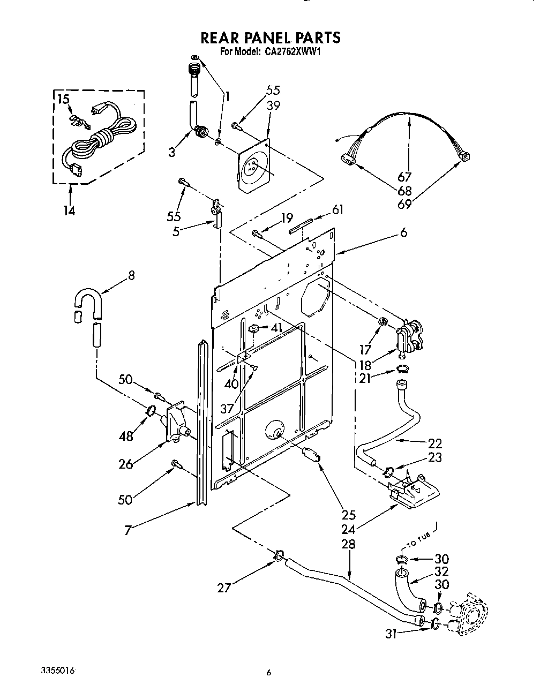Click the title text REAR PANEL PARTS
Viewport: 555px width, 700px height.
coord(270,37)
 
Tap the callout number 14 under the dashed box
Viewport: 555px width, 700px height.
coord(68,210)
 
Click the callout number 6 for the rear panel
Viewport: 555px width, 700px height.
coord(403,232)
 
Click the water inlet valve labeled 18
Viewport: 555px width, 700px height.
coord(410,337)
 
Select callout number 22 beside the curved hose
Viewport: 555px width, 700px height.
coord(436,443)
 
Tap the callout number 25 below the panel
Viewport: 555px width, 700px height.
coord(348,515)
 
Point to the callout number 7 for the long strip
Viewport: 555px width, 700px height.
coord(128,530)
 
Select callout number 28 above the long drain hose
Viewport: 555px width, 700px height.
coord(348,544)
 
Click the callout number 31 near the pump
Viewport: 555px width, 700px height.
coord(391,633)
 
